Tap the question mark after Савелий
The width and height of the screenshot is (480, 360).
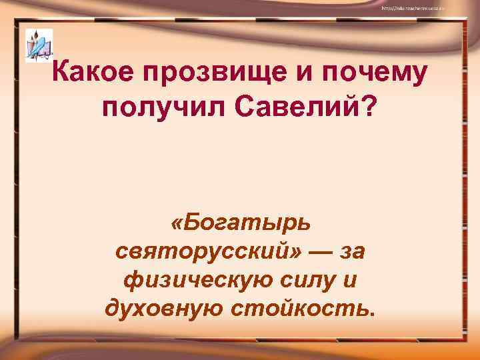coord(368,107)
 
